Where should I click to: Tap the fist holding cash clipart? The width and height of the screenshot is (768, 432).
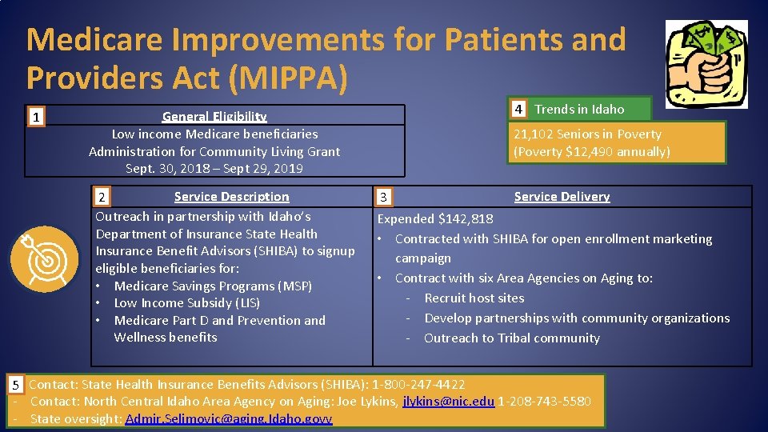pos(706,64)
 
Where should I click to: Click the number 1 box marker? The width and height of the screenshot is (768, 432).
pos(35,118)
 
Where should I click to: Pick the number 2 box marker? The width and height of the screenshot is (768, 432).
pos(101,197)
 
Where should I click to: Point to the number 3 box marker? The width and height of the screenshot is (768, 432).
pos(384,197)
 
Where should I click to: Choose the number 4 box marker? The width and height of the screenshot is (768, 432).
pos(518,109)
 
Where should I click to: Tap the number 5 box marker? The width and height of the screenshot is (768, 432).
pos(14,386)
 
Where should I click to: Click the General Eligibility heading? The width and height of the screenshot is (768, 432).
pos(214,117)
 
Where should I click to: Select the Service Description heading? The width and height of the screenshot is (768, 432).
pos(231,197)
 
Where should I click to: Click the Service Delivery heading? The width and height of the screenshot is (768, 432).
pos(562,197)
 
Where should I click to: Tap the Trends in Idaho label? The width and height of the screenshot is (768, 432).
pos(579,109)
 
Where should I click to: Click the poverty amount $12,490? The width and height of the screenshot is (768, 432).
pos(590,151)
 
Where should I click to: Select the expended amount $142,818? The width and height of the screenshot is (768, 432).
pos(466,218)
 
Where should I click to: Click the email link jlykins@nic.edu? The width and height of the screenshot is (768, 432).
pos(448,402)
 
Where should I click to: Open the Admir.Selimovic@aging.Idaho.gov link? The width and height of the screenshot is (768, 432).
pos(228,418)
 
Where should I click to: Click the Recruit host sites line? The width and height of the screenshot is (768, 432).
pos(474,298)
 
